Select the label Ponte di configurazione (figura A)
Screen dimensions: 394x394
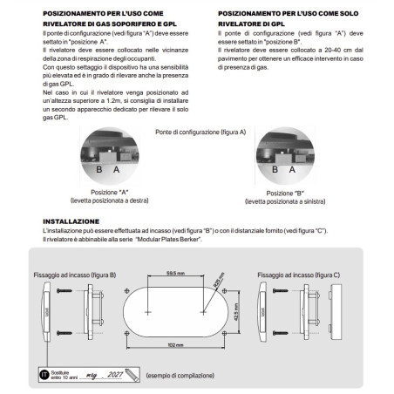click(201, 131)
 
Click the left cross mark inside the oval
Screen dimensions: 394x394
click(149, 310)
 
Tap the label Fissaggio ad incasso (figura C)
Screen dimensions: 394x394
click(299, 274)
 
